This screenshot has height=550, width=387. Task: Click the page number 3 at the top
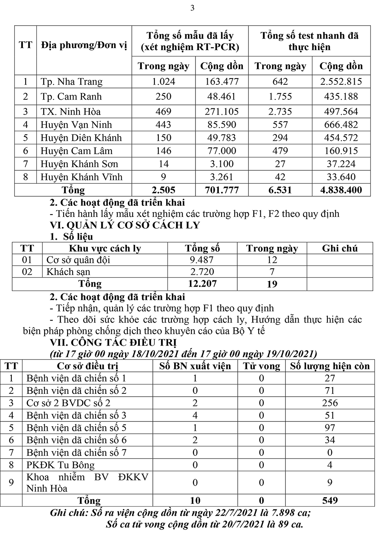click(192, 8)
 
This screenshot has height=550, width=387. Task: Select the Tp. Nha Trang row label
click(71, 82)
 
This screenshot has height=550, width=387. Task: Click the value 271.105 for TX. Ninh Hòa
click(222, 112)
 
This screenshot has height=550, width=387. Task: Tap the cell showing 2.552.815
click(340, 82)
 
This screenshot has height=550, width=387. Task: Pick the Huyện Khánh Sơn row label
click(79, 164)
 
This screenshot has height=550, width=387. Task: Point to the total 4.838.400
click(340, 190)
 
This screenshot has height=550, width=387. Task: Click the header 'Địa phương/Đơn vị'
click(84, 45)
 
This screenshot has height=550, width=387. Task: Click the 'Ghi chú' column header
click(340, 248)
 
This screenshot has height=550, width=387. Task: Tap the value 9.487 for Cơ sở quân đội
click(202, 260)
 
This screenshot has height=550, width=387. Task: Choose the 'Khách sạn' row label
click(68, 272)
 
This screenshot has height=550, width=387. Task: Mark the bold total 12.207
click(202, 284)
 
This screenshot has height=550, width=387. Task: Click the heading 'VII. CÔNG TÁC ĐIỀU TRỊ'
click(113, 342)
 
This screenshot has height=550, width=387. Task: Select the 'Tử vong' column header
click(261, 366)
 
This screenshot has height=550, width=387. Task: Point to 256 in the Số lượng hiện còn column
click(330, 403)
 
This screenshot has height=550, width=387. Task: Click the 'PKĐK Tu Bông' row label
click(60, 465)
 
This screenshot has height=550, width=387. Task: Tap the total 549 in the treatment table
click(330, 501)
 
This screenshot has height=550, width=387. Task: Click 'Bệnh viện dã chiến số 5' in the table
click(76, 428)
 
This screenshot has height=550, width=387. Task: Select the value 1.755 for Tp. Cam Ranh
click(280, 97)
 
